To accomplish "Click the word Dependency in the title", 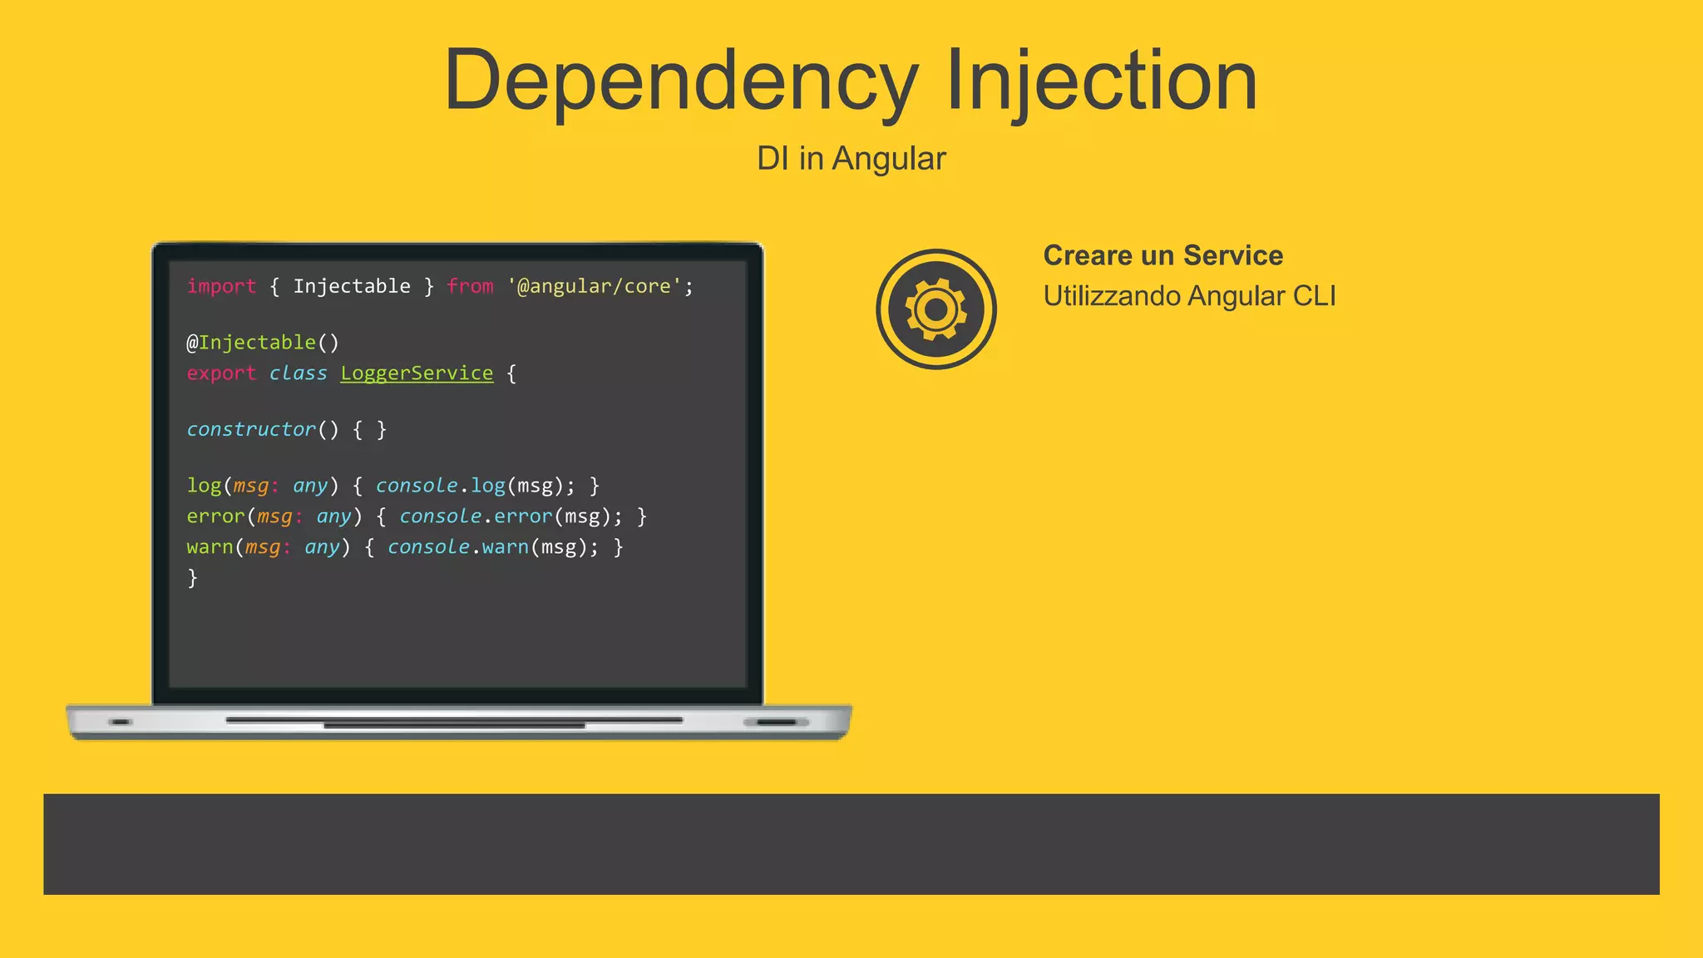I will [680, 81].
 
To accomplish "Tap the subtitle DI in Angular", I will [851, 158].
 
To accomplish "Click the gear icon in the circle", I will [935, 309].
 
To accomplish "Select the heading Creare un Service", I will [1162, 255].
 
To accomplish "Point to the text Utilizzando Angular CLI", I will [1189, 296].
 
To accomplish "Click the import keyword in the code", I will [221, 286].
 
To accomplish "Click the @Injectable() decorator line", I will [262, 342].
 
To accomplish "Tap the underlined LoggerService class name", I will [417, 373].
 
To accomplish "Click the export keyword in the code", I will [221, 373].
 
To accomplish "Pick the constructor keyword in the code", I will [251, 429].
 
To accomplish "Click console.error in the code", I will [476, 516].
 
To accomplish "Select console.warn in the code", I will [457, 547].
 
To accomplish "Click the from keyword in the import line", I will [470, 286].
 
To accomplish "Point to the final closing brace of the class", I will [193, 577].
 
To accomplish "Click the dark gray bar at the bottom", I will [851, 844].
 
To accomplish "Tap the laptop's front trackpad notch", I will [454, 725].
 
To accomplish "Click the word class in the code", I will [298, 373].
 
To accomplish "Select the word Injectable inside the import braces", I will [352, 286].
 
